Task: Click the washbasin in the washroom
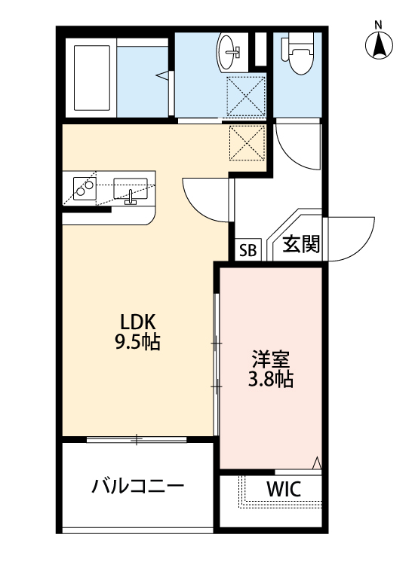point(230,51)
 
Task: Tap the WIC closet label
point(284,489)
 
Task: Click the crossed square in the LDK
point(247,142)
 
